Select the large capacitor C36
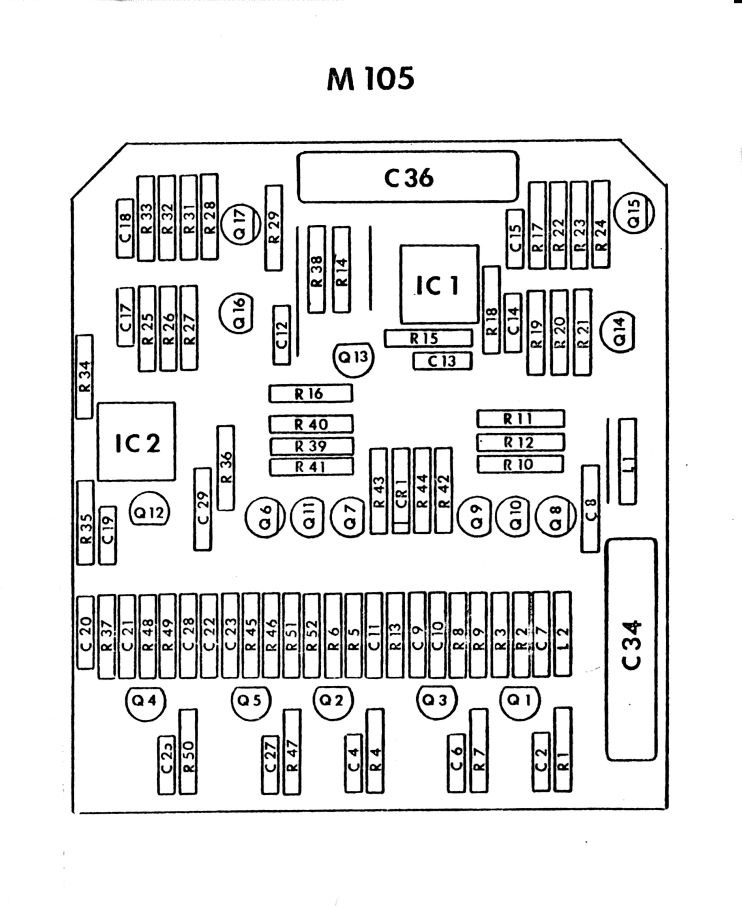[408, 177]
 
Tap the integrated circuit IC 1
[439, 284]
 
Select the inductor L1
[627, 461]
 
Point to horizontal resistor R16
[311, 393]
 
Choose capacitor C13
[442, 361]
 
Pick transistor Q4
[145, 701]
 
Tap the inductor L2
[563, 634]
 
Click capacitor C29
[203, 509]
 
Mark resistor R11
[521, 419]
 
